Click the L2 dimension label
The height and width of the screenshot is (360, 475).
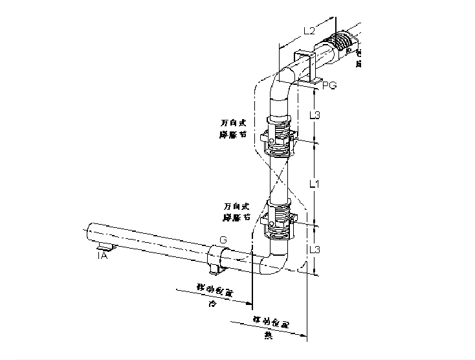(309, 30)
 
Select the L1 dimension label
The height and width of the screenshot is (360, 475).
(314, 184)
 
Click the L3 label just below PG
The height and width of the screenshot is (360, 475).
(314, 115)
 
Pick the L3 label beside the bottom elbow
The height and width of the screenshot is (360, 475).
(314, 249)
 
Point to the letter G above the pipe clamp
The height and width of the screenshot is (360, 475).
(223, 240)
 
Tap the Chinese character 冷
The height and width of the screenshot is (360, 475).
(211, 302)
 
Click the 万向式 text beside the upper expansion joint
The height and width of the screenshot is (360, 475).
(232, 122)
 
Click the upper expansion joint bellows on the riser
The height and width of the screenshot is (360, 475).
(279, 136)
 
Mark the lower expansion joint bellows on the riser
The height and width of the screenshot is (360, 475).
(279, 220)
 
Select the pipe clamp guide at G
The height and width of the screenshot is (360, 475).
(215, 257)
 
